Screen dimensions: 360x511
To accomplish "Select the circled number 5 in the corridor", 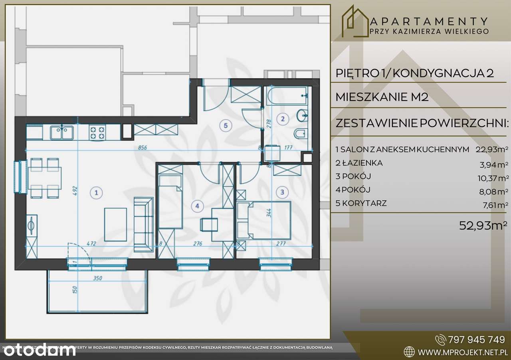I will [226, 126].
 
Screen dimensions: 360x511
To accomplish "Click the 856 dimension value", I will [142, 147].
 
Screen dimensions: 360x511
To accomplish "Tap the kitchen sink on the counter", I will [61, 132].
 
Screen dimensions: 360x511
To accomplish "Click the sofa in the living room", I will [143, 224].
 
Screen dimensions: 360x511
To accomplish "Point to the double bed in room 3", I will [264, 220].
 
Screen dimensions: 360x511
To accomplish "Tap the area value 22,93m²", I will [492, 150].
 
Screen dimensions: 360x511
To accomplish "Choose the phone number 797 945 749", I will [476, 340].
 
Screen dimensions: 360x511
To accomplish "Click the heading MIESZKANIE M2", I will [382, 97].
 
